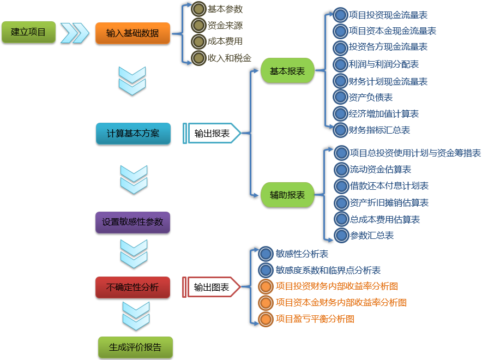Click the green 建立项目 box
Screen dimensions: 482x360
(x=28, y=32)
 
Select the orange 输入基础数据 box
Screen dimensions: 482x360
(x=133, y=33)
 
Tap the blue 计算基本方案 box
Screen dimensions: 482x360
(x=133, y=134)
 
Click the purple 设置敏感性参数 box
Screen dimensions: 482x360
(x=133, y=222)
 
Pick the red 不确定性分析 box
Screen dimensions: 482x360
(x=133, y=287)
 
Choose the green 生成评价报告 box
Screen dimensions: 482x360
(x=136, y=347)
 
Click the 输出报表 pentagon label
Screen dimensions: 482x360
(x=212, y=134)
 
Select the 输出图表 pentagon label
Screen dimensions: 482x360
(x=211, y=287)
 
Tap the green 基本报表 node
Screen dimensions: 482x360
(x=287, y=71)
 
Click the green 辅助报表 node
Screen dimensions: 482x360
(x=287, y=195)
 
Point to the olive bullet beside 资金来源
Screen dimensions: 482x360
(x=198, y=25)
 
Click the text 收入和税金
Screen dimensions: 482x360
(x=230, y=58)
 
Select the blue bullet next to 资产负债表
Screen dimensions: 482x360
(x=340, y=97)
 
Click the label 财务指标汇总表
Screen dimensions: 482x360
(x=379, y=130)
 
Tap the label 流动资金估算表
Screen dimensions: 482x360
(x=381, y=170)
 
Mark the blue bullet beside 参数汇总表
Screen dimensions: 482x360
(x=341, y=236)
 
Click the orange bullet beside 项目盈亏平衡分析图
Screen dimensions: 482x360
(x=266, y=319)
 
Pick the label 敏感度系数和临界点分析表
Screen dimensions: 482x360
(x=328, y=270)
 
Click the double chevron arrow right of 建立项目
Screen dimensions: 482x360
(x=75, y=33)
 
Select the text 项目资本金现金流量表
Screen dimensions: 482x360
(x=393, y=31)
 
